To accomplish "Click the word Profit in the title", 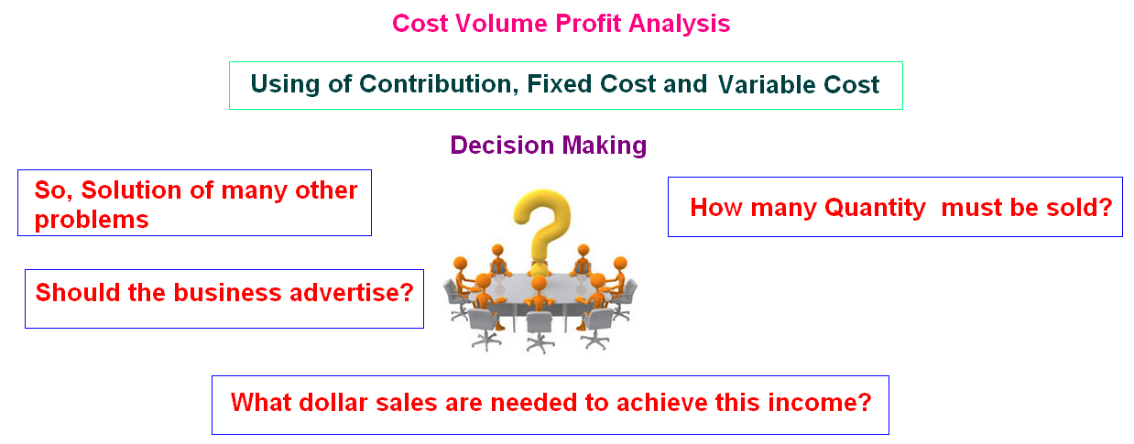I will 590,24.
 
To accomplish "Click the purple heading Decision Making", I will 549,145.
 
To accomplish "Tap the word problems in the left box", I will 92,220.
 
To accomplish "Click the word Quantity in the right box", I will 875,208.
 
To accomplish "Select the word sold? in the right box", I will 1079,208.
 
